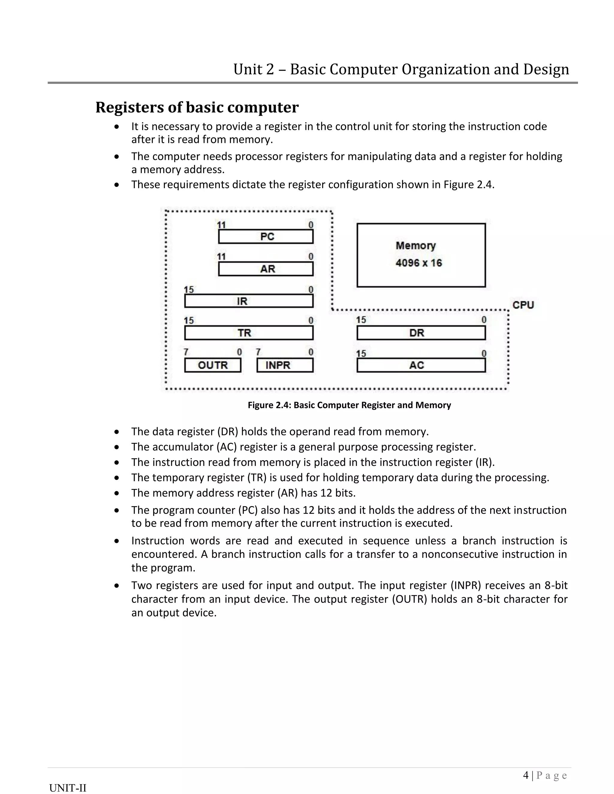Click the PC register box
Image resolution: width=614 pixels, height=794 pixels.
266,237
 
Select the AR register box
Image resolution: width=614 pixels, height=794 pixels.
266,269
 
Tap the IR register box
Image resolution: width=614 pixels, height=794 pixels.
249,301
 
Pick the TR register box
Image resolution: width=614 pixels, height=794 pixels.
249,333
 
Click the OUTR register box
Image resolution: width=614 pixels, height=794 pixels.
213,365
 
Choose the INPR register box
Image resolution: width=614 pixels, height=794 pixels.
285,365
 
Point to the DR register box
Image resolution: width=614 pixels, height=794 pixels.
421,333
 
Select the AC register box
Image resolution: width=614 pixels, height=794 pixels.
421,365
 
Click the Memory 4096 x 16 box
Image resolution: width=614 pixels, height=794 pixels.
421,255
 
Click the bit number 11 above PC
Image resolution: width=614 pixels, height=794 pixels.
221,225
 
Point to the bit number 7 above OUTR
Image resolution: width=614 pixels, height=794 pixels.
186,352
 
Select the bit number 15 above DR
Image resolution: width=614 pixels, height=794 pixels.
361,320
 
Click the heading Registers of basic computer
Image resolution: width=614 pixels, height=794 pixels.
197,107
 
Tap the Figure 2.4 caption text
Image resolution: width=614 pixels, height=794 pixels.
349,405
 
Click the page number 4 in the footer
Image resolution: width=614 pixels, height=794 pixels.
526,775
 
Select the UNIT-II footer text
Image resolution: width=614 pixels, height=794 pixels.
68,788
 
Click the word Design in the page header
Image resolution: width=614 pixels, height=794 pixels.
546,69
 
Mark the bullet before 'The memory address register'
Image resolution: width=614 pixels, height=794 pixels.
116,493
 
